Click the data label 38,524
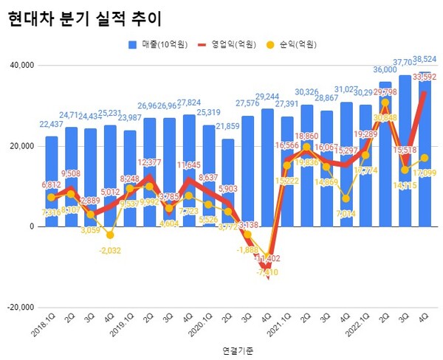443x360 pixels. pos(425,58)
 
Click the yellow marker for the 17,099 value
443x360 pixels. pos(424,158)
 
